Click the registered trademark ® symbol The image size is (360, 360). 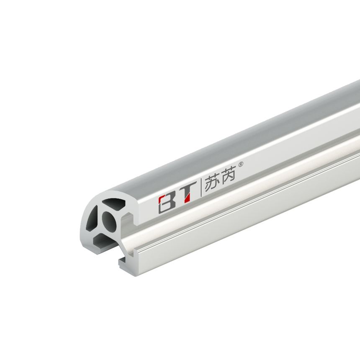(241, 165)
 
